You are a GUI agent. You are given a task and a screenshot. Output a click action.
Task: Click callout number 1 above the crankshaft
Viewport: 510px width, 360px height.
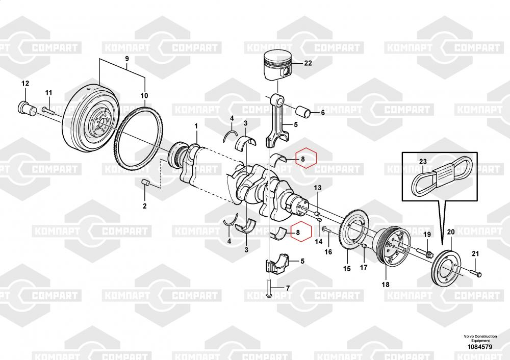click(x=196, y=125)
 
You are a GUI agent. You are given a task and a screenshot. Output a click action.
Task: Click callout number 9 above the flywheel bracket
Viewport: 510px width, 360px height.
click(x=127, y=59)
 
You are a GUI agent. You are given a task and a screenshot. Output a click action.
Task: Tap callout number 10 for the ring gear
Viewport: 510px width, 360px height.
click(x=144, y=95)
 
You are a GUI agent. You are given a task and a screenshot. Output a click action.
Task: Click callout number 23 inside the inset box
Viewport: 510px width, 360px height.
click(x=422, y=162)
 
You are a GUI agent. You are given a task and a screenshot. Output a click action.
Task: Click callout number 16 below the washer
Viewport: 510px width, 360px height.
click(x=328, y=252)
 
